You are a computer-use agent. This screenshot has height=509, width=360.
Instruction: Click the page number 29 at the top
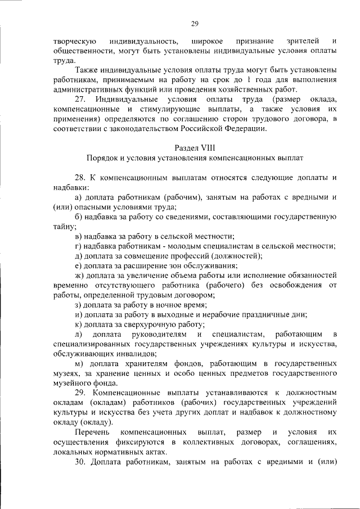click(x=195, y=23)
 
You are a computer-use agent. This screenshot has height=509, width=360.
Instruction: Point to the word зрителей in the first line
click(x=303, y=41)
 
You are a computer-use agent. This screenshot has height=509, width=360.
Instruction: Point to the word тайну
click(x=64, y=227)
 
